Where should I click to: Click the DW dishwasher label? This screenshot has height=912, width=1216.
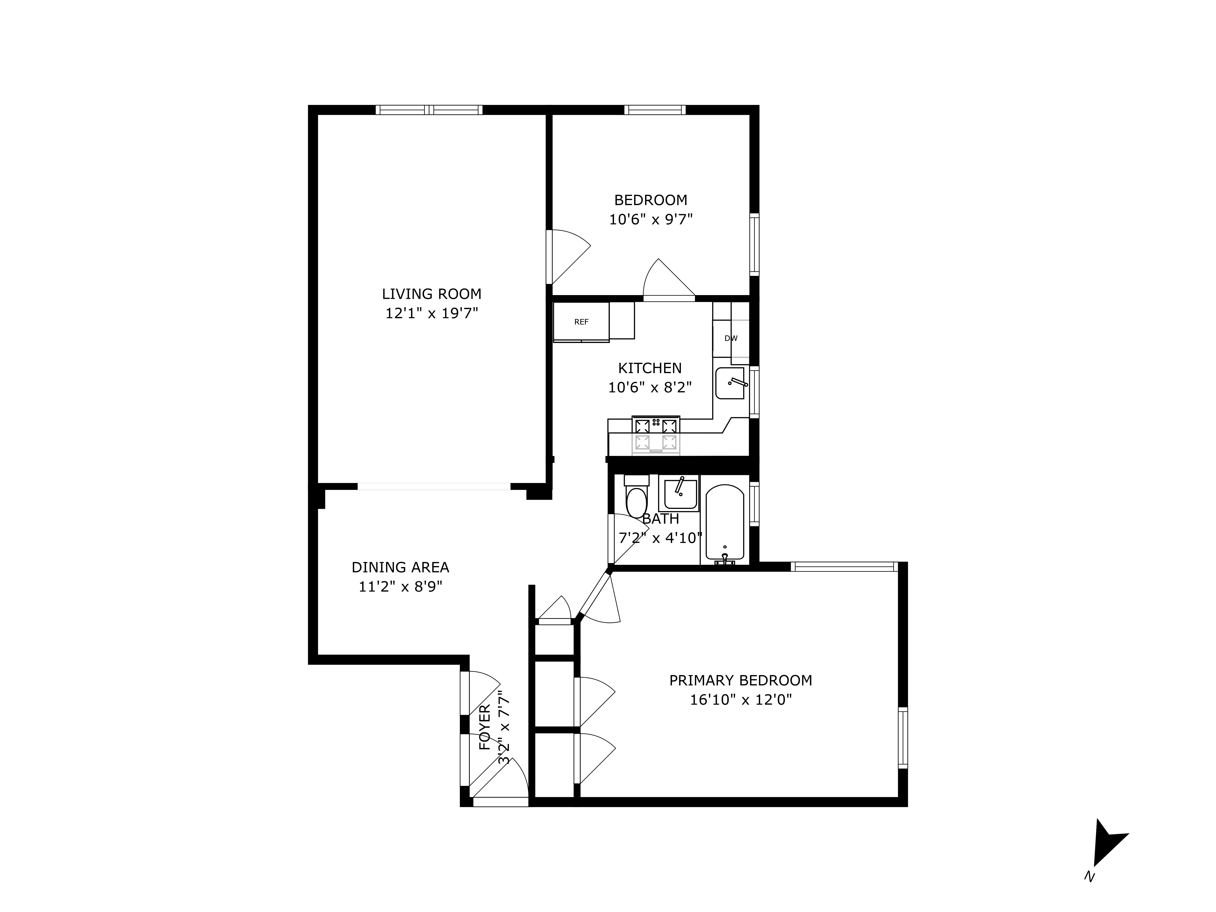pos(731,339)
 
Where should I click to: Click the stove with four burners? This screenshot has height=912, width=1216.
pos(656,435)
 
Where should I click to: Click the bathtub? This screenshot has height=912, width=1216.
pos(725,522)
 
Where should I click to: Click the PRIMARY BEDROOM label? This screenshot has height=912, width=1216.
pos(741,681)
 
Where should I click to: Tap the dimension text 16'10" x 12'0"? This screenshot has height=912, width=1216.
pos(741,700)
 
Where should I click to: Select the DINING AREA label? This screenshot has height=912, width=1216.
pos(400,567)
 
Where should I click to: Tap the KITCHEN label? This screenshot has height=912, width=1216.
pos(650,368)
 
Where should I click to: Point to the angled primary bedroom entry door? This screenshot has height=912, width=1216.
pos(599,597)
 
